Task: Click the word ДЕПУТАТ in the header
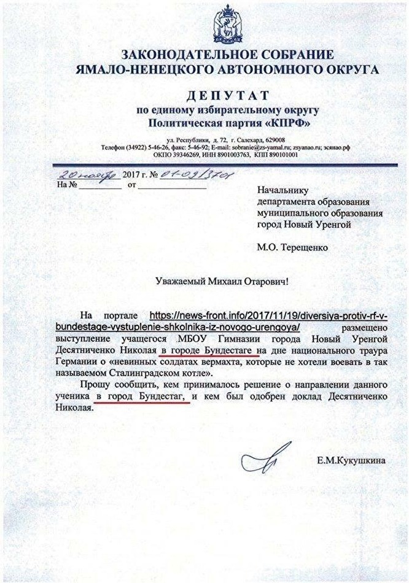point(227,96)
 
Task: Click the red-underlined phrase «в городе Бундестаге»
point(213,350)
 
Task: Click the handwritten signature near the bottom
point(256,460)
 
